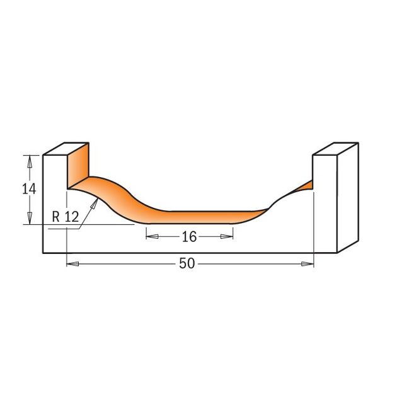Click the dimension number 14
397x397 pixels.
29,189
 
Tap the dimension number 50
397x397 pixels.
187,263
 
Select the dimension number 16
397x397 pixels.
189,237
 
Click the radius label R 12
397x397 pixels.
66,217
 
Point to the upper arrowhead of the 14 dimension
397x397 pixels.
30,161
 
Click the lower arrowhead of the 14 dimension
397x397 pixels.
30,218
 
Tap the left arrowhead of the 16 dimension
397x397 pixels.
152,236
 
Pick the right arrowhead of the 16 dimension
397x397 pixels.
227,236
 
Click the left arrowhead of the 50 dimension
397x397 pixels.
72,264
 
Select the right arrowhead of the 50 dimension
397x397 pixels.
308,264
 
